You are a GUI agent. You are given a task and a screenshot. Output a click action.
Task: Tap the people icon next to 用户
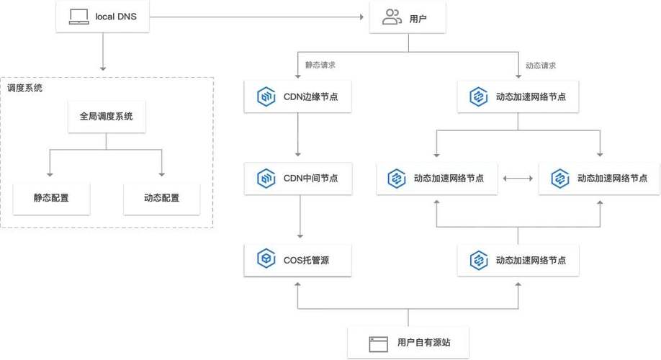[392, 17]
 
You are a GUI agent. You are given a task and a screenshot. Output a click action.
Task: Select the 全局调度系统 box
[106, 116]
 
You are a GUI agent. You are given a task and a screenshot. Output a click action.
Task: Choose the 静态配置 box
[51, 197]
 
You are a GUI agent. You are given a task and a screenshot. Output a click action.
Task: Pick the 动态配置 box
[161, 197]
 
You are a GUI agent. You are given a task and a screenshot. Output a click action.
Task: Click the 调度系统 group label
[24, 89]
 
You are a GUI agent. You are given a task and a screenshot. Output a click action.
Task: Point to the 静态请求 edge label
[320, 65]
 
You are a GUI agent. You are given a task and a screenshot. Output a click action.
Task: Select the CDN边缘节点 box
[297, 96]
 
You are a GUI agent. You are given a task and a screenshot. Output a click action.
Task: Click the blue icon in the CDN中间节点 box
[266, 178]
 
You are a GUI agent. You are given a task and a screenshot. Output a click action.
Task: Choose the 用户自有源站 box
[409, 342]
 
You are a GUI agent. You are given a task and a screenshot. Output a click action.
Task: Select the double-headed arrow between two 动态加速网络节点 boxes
[518, 178]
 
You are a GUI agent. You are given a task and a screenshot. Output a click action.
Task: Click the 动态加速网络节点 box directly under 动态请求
[517, 96]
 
